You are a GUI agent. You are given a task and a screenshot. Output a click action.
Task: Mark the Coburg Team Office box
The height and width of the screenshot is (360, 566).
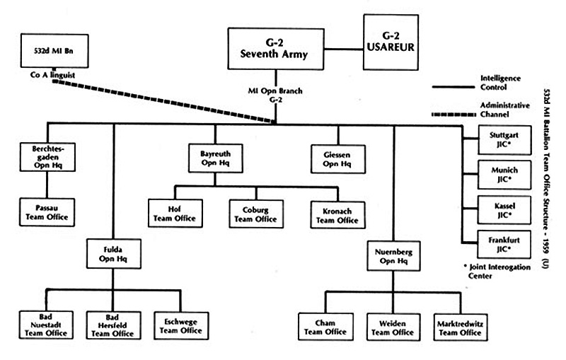tap(255, 211)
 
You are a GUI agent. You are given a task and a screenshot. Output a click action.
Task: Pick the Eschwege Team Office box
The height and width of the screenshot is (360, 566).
tap(180, 325)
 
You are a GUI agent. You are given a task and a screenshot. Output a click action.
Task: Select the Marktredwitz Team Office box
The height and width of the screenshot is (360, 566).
tap(459, 326)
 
